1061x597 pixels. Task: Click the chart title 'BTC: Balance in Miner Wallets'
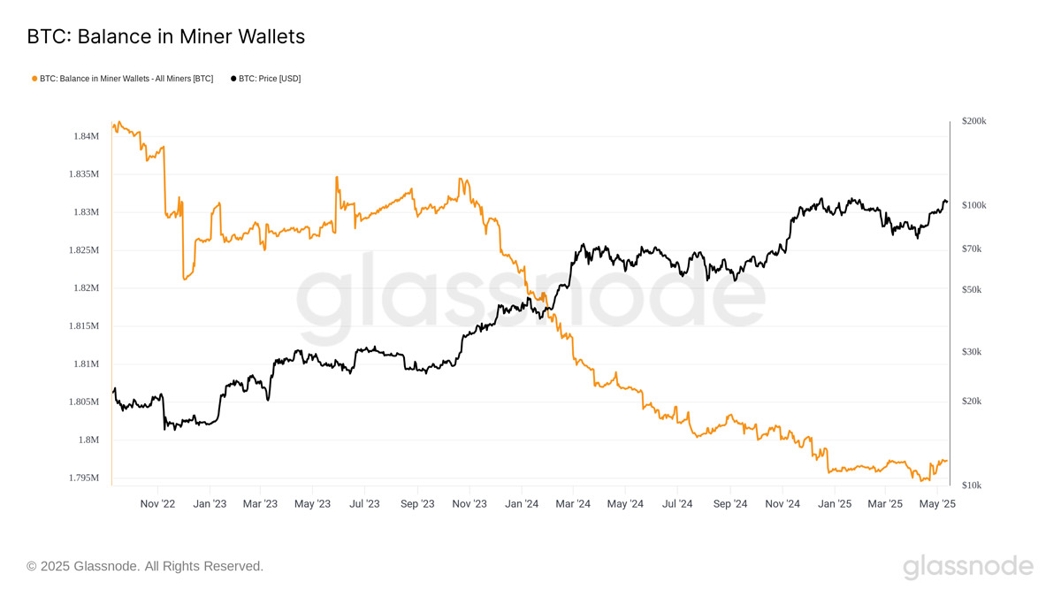165,36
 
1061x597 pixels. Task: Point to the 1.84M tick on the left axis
86,136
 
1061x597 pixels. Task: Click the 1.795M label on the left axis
83,478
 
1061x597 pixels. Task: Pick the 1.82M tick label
86,288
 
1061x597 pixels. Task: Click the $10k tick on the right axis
972,486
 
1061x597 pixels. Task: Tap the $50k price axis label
972,290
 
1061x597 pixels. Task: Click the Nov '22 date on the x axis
157,504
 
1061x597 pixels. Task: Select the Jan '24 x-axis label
522,504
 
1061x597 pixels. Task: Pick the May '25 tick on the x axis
938,504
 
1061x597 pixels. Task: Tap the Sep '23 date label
417,504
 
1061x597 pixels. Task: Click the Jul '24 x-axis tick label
677,504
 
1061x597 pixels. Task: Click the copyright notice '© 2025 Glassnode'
145,566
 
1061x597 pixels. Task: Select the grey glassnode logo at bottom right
967,566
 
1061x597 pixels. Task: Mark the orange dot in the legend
34,79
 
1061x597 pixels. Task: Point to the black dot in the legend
233,79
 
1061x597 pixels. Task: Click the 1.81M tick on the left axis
86,364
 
